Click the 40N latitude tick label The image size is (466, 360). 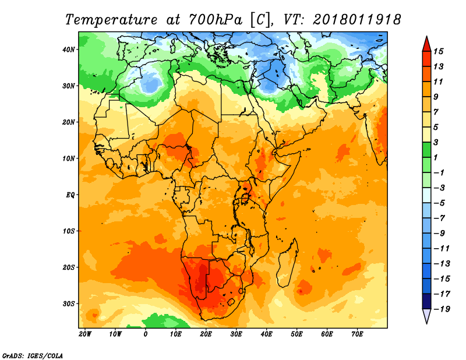click(69, 50)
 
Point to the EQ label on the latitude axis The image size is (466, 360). click(70, 195)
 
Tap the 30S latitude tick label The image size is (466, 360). click(69, 303)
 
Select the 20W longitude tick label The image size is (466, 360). click(85, 334)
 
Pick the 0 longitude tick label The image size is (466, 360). click(146, 334)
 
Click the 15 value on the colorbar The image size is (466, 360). click(439, 51)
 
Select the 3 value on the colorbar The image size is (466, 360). click(437, 142)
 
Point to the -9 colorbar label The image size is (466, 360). click(440, 233)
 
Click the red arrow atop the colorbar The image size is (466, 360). click(426, 43)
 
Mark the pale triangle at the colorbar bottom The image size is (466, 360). click(426, 317)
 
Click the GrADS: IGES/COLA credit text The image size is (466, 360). click(33, 355)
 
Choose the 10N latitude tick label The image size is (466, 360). click(69, 158)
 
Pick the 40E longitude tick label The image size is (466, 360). click(266, 334)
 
